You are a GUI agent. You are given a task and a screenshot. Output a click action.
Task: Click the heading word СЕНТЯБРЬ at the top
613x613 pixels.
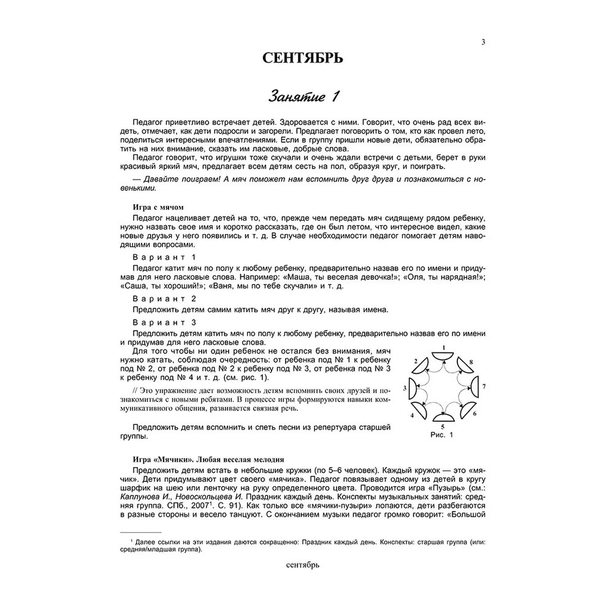click(x=302, y=58)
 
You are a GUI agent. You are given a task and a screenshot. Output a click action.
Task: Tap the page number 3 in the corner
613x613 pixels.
click(x=483, y=42)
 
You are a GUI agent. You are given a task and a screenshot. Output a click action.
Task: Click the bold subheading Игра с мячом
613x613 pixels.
click(x=158, y=207)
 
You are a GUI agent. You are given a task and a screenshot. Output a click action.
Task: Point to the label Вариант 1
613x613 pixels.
click(x=164, y=257)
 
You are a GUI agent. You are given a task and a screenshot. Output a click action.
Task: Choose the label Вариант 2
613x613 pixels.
click(x=164, y=298)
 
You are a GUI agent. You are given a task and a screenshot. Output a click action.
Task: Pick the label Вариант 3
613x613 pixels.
click(x=164, y=322)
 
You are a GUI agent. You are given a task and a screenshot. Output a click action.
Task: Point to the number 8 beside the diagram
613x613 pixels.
click(x=470, y=364)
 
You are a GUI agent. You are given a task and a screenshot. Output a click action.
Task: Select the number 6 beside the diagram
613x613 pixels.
click(x=474, y=414)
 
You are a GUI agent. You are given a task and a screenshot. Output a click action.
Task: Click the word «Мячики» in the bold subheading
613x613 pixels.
click(x=173, y=459)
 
